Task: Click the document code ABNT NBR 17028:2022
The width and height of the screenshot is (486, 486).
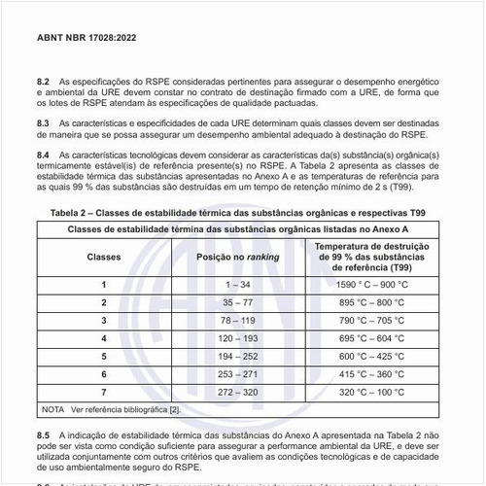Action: click(x=87, y=41)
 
